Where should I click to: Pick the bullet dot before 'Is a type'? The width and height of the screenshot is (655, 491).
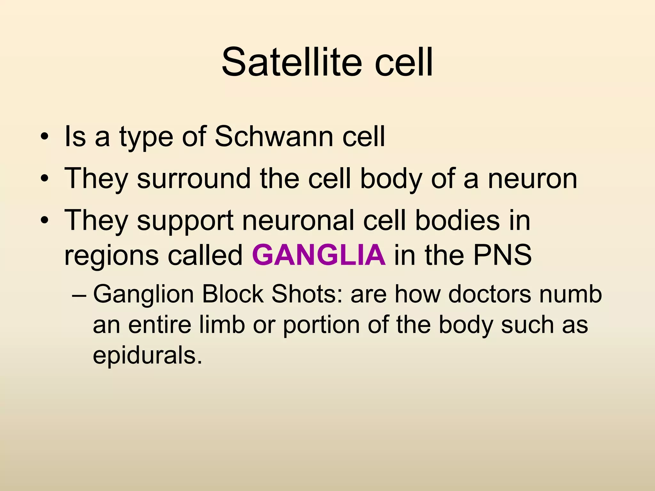click(x=44, y=137)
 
